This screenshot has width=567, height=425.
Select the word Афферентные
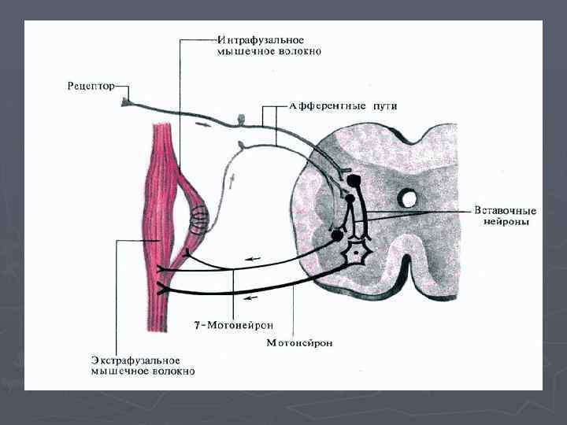click(304, 106)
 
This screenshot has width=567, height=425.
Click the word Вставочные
click(506, 211)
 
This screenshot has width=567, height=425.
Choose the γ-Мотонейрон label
click(229, 324)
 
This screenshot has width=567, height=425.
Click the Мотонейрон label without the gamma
click(299, 342)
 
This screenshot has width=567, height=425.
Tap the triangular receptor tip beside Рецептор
click(126, 102)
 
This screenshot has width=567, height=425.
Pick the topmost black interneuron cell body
click(354, 181)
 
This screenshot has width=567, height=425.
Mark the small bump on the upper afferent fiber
click(242, 120)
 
